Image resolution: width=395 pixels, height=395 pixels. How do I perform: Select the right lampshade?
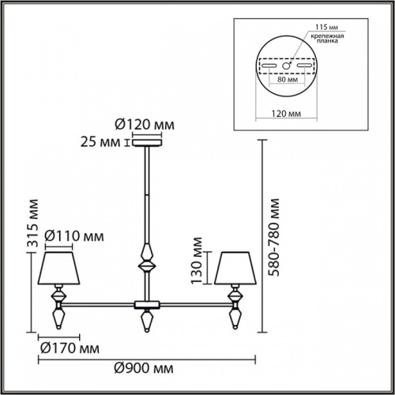235,269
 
